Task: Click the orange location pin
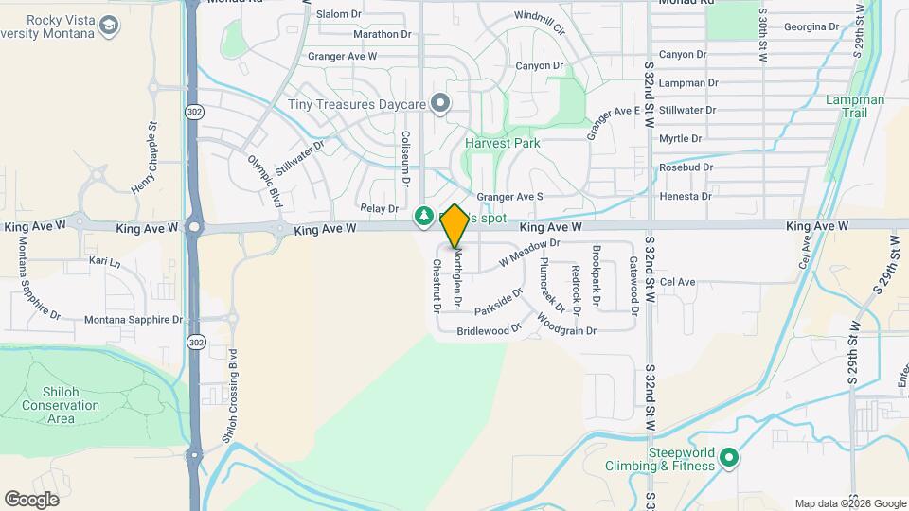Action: pyautogui.click(x=454, y=225)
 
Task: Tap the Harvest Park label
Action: pyautogui.click(x=502, y=143)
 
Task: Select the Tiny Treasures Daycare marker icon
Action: pyautogui.click(x=438, y=102)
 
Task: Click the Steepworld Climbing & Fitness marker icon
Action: pyautogui.click(x=728, y=459)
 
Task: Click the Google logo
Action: pyautogui.click(x=31, y=500)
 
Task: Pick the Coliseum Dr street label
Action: pyautogui.click(x=405, y=157)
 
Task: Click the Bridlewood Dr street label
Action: pyautogui.click(x=489, y=331)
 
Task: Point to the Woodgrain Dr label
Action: pyautogui.click(x=566, y=331)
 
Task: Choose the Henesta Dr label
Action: pyautogui.click(x=686, y=196)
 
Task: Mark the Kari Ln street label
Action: pyautogui.click(x=104, y=261)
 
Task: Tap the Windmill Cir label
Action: pyautogui.click(x=539, y=16)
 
